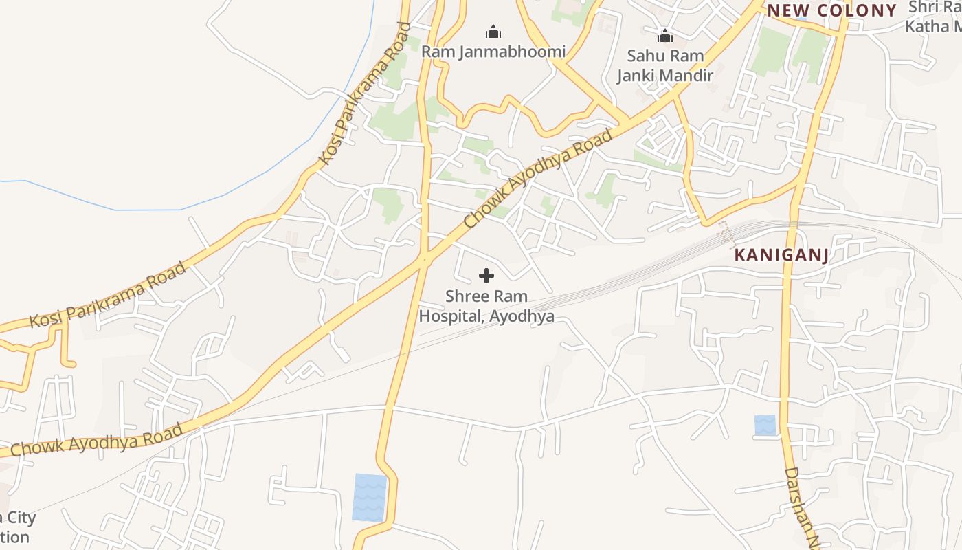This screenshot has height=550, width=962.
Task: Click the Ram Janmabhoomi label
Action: pos(493,52)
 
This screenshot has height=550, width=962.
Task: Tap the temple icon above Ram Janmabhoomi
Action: pos(493,31)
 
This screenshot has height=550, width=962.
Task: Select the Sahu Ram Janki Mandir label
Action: pos(664,66)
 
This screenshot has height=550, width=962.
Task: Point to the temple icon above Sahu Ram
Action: pos(664,35)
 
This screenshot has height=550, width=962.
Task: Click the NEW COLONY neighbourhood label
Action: pos(832,10)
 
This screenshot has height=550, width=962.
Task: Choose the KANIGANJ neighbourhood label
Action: pos(781,255)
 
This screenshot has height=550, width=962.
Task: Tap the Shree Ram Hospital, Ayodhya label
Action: pos(486,307)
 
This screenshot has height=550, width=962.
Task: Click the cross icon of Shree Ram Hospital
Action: pos(486,276)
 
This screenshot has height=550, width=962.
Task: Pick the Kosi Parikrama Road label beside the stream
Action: pos(365,94)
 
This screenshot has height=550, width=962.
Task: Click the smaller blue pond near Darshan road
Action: pos(765,425)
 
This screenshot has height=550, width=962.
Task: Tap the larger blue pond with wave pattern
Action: pos(370,497)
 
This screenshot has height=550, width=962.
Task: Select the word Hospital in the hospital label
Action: pos(451,317)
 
